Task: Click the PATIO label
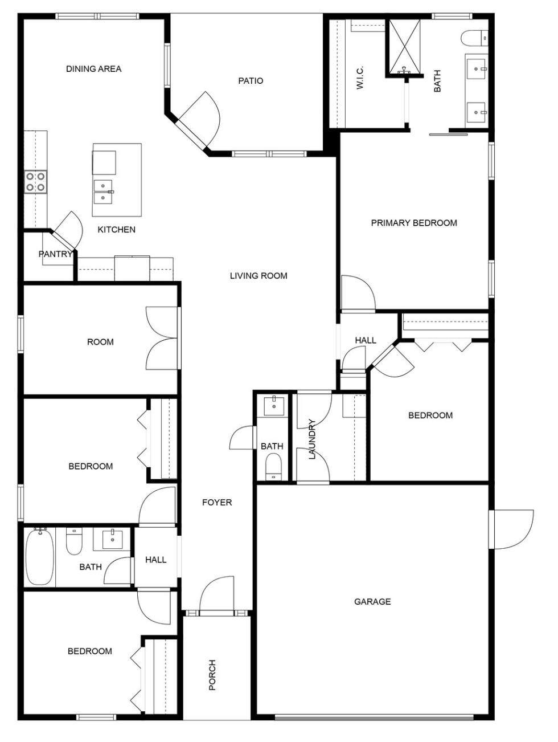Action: (x=251, y=81)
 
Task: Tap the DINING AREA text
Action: (x=93, y=69)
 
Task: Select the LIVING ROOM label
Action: (x=259, y=276)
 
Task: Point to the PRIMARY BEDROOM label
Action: (x=414, y=223)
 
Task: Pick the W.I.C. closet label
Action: (x=360, y=78)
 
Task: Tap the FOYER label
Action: (x=217, y=503)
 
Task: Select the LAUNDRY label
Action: (x=312, y=439)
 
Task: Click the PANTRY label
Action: (x=55, y=254)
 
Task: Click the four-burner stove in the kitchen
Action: (x=35, y=182)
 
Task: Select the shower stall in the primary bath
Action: (x=404, y=48)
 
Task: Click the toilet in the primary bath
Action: (x=474, y=38)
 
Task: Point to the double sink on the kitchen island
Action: (x=103, y=191)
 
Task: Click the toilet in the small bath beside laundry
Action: (x=273, y=466)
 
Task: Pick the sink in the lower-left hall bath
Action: (x=113, y=540)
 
